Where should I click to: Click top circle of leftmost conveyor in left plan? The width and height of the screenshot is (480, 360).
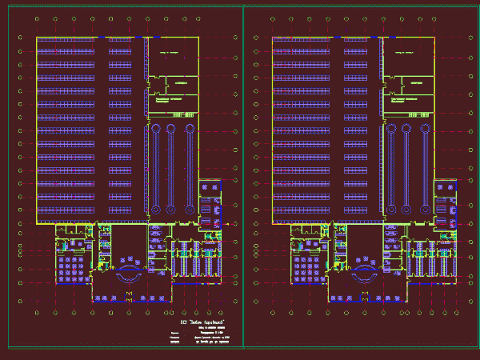[x=152, y=128]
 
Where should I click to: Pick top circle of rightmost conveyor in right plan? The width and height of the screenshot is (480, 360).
[x=426, y=128]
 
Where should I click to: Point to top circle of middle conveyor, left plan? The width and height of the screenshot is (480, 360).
[x=170, y=128]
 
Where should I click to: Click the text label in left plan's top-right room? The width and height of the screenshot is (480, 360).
[x=170, y=53]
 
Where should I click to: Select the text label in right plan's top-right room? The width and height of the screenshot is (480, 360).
[x=406, y=53]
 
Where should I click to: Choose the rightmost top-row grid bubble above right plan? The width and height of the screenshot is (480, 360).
[x=458, y=18]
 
